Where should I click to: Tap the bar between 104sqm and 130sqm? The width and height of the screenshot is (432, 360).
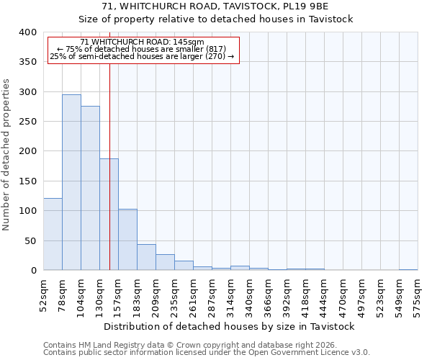coord(90,188)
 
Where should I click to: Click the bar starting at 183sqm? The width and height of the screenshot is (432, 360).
coord(146,257)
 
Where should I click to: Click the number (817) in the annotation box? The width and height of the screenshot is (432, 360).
coord(215,49)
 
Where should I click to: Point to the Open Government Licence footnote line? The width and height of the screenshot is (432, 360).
coord(207,352)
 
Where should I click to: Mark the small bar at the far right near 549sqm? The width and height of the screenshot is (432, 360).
coord(408,269)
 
